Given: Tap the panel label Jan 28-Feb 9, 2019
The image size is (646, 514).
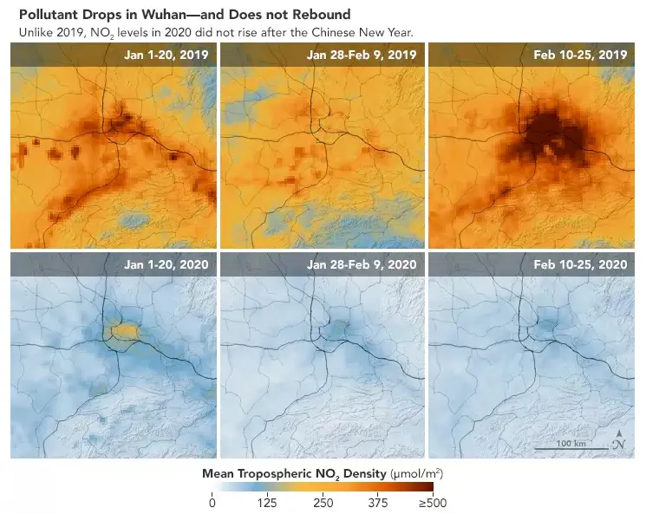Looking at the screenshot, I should (x=362, y=55).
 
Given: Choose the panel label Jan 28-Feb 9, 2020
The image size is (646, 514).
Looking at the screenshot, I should (x=362, y=264).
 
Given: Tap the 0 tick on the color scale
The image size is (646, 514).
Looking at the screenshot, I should (x=212, y=502).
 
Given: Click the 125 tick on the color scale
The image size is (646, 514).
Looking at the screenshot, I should (x=267, y=502).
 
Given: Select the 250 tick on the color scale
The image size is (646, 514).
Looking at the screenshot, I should (x=323, y=502).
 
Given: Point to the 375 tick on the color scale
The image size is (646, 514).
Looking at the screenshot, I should (x=378, y=502).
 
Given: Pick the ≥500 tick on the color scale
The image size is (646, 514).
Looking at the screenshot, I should (x=432, y=502).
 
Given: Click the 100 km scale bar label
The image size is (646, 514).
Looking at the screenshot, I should (x=569, y=443).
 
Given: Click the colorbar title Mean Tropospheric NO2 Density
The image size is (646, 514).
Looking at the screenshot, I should (x=295, y=474).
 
